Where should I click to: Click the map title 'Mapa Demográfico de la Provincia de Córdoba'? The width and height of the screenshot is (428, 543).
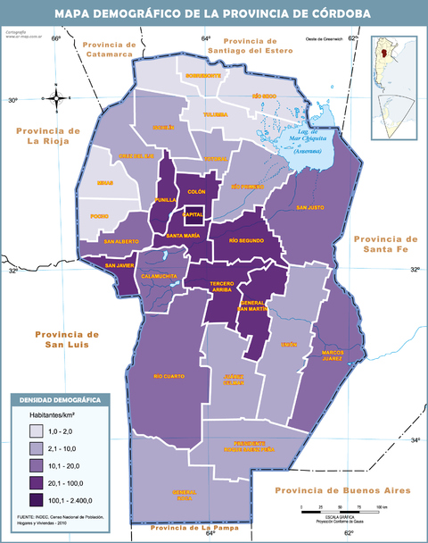point(214,13)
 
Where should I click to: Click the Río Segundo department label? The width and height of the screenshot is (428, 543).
point(247,241)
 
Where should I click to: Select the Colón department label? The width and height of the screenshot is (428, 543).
point(197,192)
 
